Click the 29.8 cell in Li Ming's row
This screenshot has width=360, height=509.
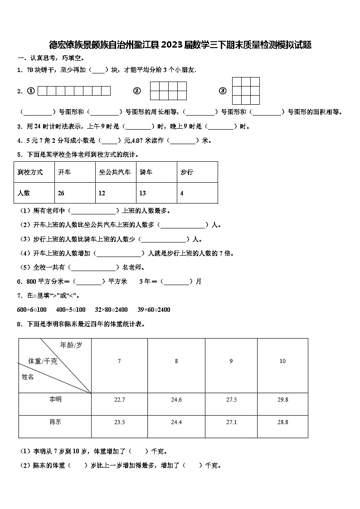point(282,399)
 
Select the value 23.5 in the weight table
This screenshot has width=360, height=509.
point(119,422)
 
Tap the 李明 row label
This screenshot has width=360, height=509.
point(55,399)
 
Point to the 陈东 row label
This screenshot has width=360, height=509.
point(55,422)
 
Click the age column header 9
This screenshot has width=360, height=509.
point(231,361)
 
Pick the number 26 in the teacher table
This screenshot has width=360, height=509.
point(61,193)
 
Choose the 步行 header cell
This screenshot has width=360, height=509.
point(187,172)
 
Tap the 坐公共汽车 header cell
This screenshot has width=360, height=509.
point(115,172)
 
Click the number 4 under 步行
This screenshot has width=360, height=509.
point(182,193)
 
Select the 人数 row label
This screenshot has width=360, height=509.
point(24,193)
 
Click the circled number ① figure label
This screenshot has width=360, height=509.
point(31,91)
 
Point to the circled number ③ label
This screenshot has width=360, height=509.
point(222,91)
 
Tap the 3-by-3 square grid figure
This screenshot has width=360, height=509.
point(246,91)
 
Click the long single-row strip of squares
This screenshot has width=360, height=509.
point(74,91)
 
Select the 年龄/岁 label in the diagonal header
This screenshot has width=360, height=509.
point(71,345)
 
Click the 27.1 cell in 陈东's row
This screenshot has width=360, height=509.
point(231,422)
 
